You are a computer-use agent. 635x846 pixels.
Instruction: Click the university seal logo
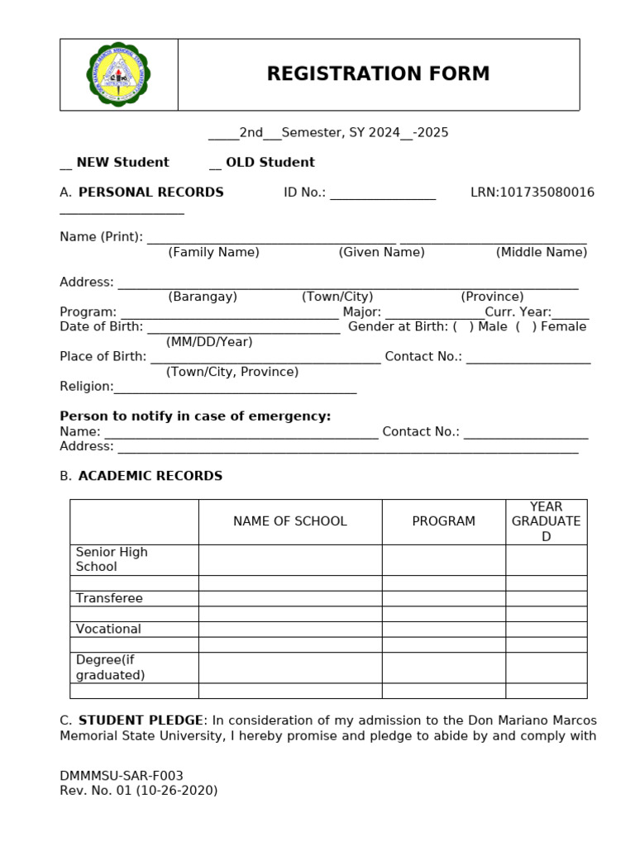[x=118, y=74]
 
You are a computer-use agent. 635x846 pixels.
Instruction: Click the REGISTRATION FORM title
[x=378, y=74]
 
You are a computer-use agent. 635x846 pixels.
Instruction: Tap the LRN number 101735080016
[x=546, y=192]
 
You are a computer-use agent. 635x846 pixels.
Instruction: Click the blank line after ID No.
[x=382, y=195]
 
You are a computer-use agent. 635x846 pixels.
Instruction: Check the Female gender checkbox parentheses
[x=525, y=326]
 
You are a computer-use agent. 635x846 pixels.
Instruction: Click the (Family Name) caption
[x=213, y=252]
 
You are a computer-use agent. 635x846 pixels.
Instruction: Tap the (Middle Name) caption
[x=542, y=252]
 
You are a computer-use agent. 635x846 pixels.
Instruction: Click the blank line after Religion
[x=235, y=388]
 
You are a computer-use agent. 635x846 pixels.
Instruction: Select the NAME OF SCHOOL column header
[x=290, y=521]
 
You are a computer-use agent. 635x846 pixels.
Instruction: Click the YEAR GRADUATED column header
[x=546, y=521]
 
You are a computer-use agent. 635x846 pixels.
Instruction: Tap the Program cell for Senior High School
[x=443, y=559]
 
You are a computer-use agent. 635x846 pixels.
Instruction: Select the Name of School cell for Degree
[x=290, y=668]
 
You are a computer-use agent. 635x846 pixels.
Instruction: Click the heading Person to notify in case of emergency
[x=195, y=416]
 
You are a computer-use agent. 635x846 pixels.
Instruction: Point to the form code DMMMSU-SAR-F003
[x=122, y=776]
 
